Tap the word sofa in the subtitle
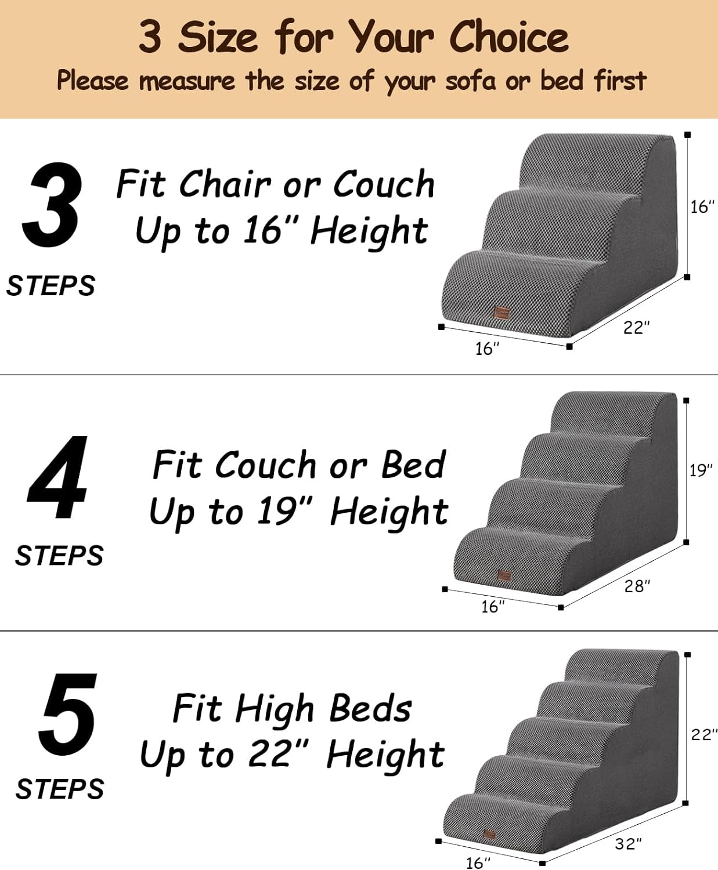click(471, 81)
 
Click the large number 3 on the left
click(51, 204)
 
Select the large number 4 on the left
click(57, 477)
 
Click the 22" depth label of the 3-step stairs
click(636, 328)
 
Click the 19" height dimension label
click(701, 470)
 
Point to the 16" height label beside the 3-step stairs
click(702, 206)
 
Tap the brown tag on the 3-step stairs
click(501, 313)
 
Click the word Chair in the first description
click(225, 184)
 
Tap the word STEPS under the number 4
click(59, 556)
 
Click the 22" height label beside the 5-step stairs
click(704, 734)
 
